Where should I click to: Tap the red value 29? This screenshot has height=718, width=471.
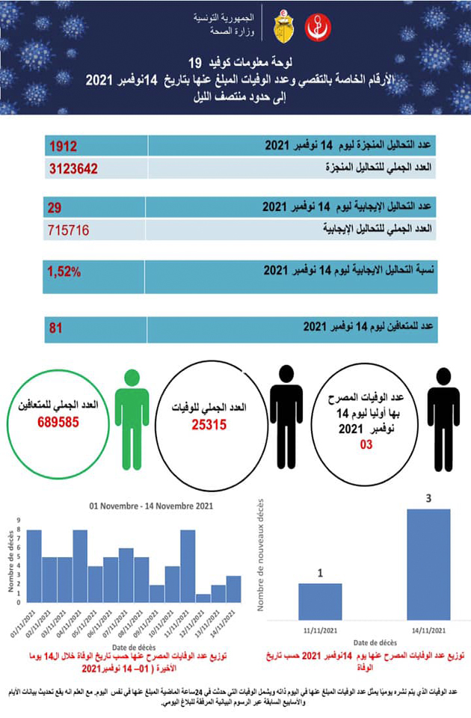[55, 206]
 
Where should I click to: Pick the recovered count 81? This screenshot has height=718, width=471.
[55, 328]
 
